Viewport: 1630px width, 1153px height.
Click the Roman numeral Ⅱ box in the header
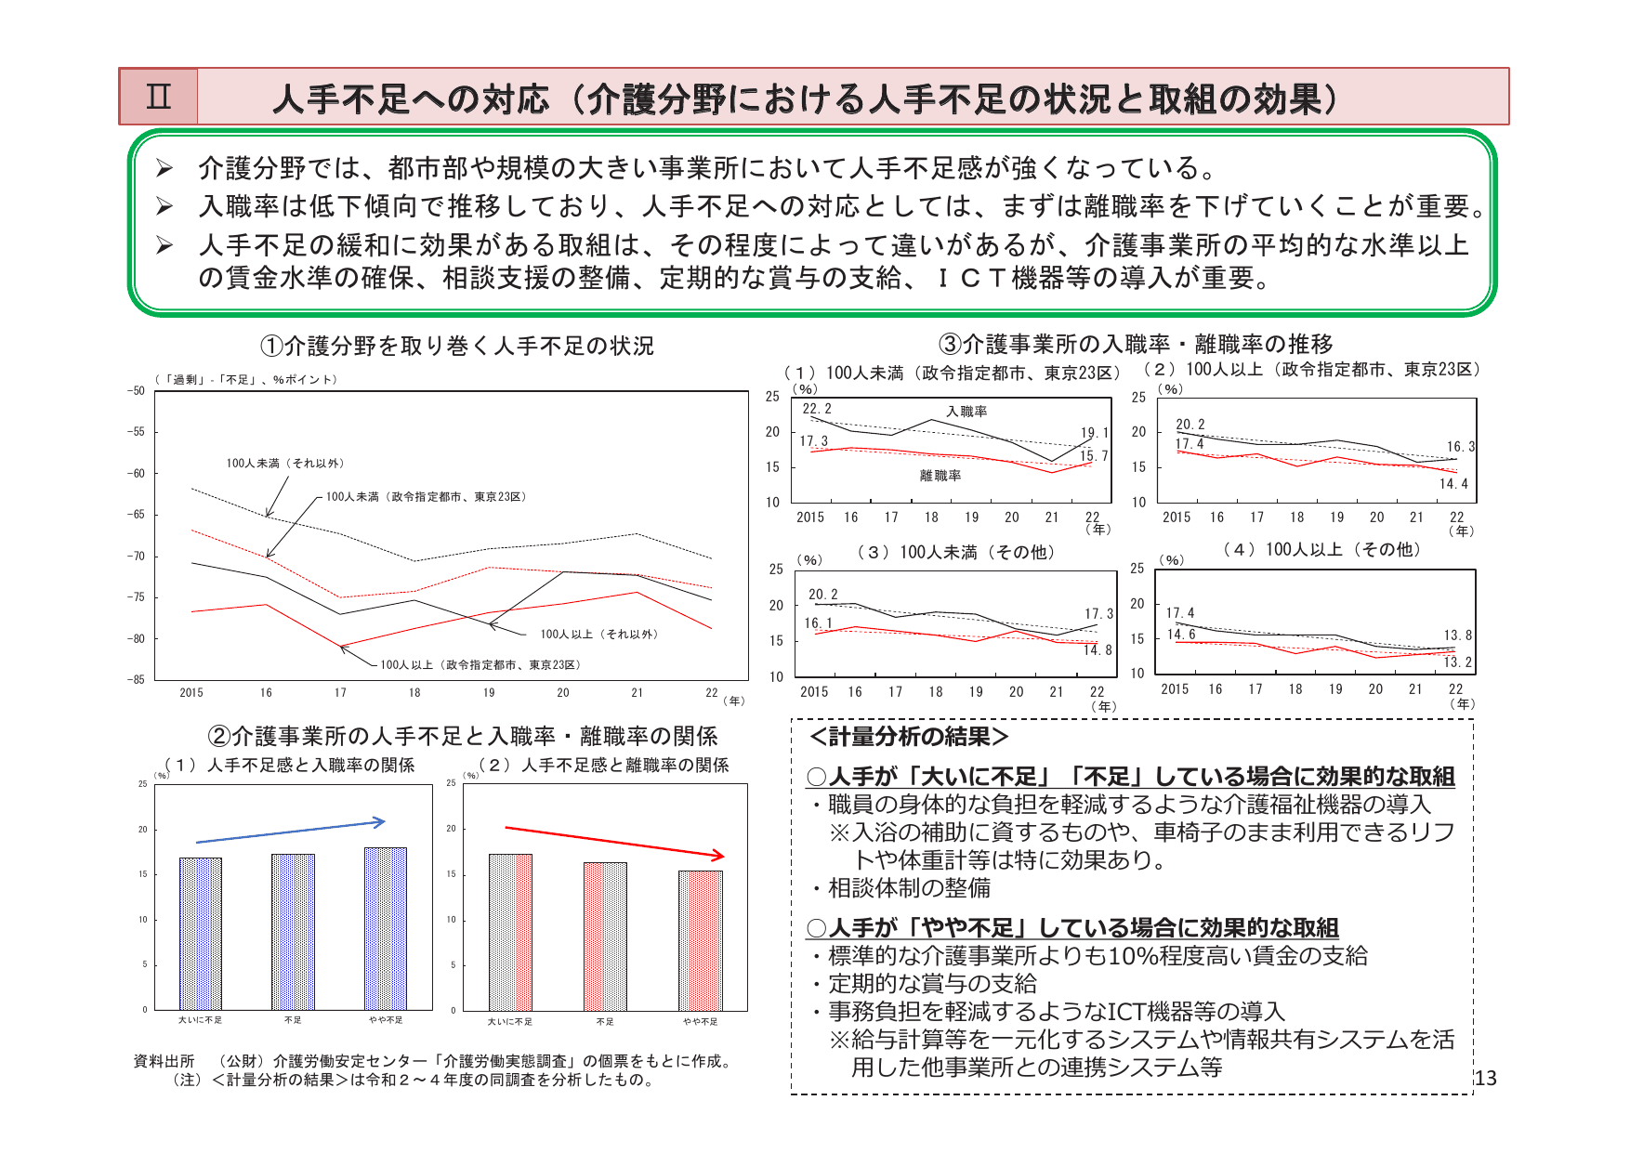tap(159, 97)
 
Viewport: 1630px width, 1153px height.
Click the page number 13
tap(1486, 1078)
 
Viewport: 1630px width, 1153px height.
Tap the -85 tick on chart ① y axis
tap(137, 679)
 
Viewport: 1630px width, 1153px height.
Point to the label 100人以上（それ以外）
tap(599, 635)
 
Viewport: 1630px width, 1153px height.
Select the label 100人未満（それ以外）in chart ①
tap(285, 463)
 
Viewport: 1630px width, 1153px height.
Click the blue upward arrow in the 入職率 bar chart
tap(291, 832)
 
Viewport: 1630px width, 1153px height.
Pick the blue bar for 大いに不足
tap(201, 933)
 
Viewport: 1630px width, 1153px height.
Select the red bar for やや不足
tap(700, 940)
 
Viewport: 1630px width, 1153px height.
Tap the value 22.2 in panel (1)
tap(817, 409)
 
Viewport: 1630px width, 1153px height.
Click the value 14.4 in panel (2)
tap(1453, 484)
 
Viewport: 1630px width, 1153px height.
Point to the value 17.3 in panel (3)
tap(1098, 614)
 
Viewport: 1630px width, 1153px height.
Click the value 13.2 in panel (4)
tap(1457, 662)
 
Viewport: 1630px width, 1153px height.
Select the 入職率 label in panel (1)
tap(966, 412)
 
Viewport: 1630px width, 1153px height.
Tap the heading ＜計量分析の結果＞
tap(909, 737)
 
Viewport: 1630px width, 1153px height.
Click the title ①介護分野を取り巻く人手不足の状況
tap(457, 347)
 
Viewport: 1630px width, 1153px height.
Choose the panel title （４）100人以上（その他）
tap(1321, 550)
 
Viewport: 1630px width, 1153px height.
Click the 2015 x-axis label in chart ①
tap(191, 693)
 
